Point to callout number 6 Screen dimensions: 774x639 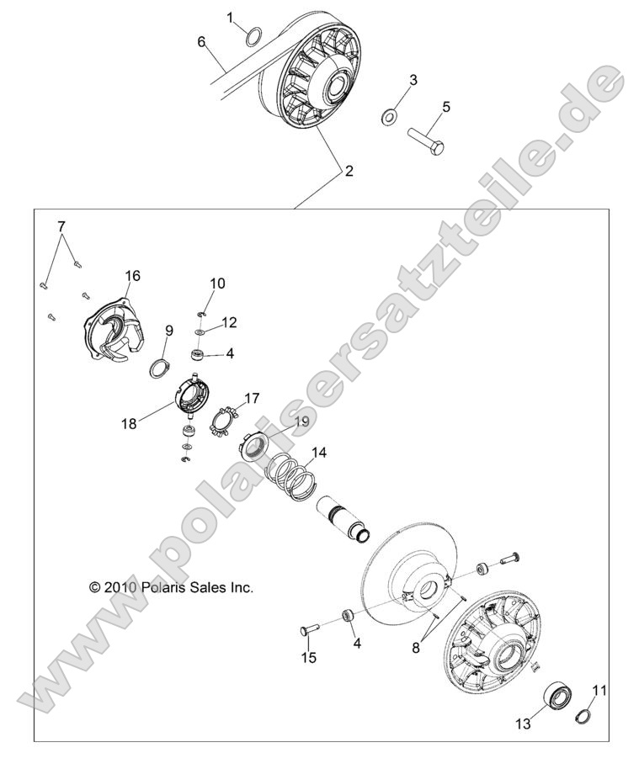(201, 41)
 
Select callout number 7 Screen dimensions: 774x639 (61, 226)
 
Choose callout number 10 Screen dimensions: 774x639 (217, 284)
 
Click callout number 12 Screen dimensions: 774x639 (229, 322)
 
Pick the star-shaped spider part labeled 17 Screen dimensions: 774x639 (221, 420)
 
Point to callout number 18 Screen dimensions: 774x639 (129, 424)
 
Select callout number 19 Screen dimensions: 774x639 (301, 421)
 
